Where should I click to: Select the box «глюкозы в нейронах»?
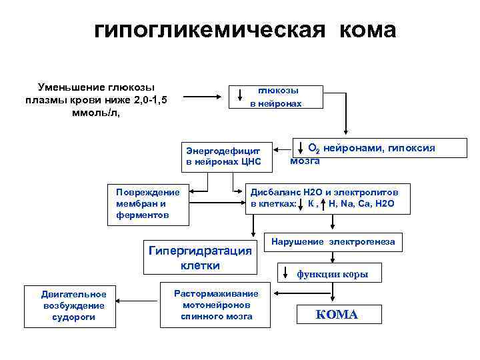[276, 97]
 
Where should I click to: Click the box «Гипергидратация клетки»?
[201, 257]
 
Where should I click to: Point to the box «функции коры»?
[331, 274]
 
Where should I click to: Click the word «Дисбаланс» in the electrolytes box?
[273, 191]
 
